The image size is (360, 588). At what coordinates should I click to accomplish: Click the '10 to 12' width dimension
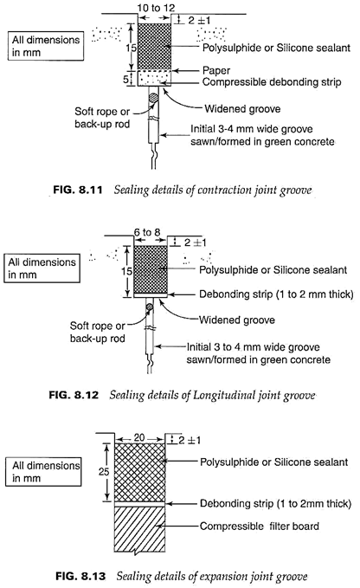[156, 8]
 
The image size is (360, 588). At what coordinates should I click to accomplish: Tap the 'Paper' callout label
[216, 70]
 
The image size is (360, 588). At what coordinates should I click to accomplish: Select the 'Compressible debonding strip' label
[272, 82]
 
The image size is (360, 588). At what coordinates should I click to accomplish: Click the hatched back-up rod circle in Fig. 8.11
[152, 99]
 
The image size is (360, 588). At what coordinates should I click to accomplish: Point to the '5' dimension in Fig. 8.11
[126, 79]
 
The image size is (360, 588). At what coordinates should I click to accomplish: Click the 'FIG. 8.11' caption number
[78, 190]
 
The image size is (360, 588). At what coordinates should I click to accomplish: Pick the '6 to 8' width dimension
[147, 232]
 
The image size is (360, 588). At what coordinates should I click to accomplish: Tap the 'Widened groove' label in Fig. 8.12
[237, 320]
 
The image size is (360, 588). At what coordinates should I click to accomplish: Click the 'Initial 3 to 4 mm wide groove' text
[254, 347]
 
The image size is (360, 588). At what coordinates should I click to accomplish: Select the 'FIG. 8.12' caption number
[74, 395]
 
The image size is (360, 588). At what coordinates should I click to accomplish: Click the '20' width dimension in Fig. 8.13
[139, 437]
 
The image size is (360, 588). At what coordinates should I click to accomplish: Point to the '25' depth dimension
[104, 471]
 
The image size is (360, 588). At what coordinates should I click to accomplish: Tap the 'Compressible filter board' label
[260, 527]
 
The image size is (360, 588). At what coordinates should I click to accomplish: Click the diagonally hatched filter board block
[139, 529]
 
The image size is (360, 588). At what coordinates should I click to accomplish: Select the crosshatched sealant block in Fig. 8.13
[139, 473]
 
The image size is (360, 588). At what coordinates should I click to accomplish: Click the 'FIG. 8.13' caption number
[80, 576]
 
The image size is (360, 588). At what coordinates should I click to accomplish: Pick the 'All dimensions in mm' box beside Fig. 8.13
[43, 472]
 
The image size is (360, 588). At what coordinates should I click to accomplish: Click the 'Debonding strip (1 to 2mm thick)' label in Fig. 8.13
[276, 503]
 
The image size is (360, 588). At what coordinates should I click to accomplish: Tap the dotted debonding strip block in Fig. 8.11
[154, 79]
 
